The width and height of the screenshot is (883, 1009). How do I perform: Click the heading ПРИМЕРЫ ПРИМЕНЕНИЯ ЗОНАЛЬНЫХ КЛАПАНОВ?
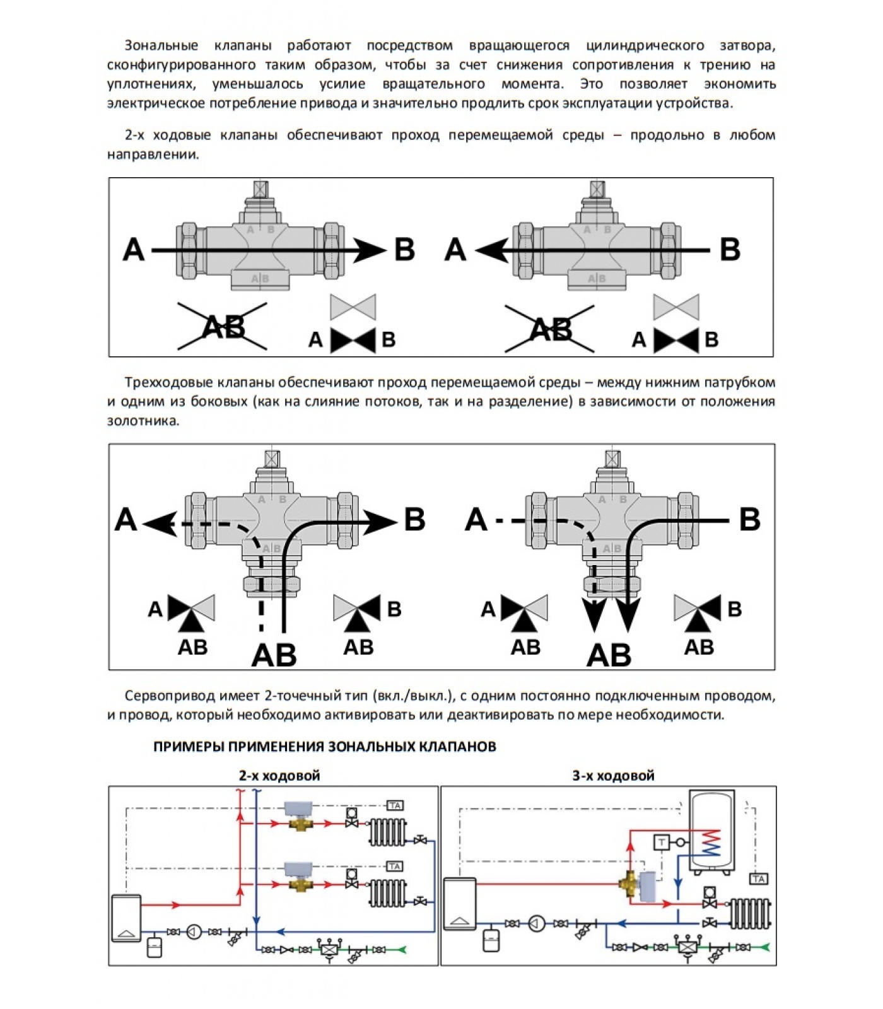(324, 747)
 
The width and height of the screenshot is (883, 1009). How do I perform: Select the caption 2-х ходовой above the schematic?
(279, 776)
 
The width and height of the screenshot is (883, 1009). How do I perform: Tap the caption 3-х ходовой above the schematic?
(613, 776)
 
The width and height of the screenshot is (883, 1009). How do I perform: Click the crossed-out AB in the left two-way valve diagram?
(223, 327)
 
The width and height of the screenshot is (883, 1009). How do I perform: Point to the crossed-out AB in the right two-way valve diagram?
(550, 329)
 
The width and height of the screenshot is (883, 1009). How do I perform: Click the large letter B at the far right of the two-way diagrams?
(730, 249)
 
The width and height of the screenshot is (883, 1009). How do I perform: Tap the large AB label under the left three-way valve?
(274, 656)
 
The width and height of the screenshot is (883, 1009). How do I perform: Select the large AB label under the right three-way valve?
(609, 656)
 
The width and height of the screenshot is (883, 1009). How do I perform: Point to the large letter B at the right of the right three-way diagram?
(749, 520)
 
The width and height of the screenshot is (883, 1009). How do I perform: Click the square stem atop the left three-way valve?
(272, 458)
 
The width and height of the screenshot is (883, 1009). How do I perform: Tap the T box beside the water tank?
(662, 842)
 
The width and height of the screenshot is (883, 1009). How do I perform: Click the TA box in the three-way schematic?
(759, 878)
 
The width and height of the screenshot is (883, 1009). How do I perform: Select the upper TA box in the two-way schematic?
(395, 805)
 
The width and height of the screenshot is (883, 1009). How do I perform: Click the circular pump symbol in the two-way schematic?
(194, 931)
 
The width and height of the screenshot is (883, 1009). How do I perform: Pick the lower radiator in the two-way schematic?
(388, 892)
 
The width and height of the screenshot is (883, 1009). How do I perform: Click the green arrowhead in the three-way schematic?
(765, 947)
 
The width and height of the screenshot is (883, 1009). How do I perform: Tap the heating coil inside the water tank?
(711, 843)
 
